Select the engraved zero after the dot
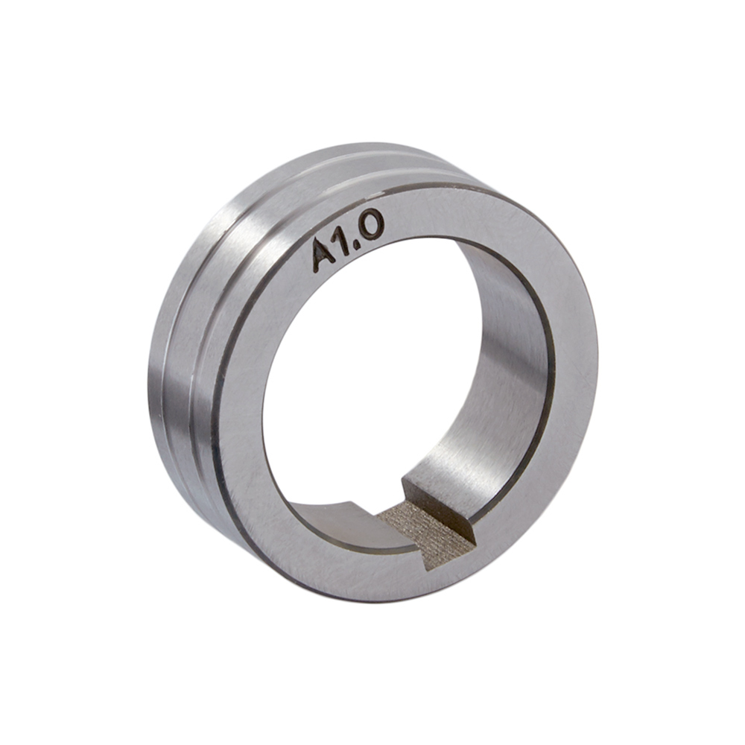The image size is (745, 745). [x=370, y=228]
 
